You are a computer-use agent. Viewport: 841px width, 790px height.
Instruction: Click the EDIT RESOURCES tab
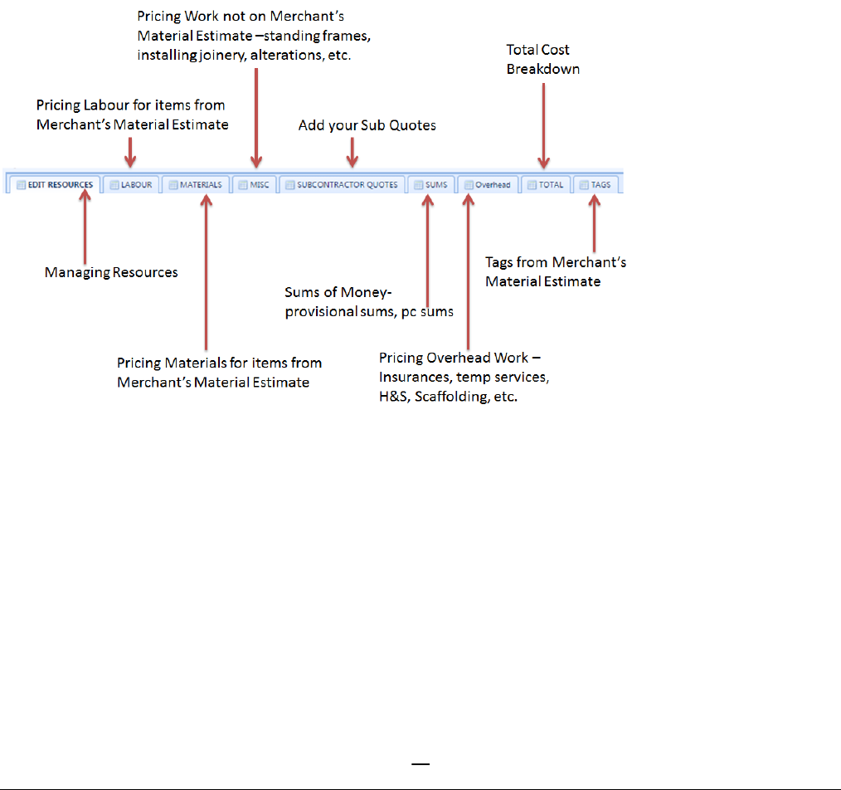pos(55,184)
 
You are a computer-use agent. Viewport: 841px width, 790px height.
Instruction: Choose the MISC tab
pos(254,184)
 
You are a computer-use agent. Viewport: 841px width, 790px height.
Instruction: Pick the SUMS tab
pos(430,184)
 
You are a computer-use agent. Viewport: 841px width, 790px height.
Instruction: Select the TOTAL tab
pos(545,184)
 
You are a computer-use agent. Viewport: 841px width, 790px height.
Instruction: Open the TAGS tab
pos(595,184)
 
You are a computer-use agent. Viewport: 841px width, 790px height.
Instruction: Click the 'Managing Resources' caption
pos(111,272)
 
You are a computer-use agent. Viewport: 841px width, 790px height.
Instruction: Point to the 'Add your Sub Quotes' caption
pos(367,125)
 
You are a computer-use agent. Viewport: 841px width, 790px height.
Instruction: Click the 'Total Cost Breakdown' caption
pos(542,60)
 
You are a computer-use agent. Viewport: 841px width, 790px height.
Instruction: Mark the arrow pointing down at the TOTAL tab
pos(543,124)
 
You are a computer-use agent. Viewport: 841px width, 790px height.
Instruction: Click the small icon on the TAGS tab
pos(583,184)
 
